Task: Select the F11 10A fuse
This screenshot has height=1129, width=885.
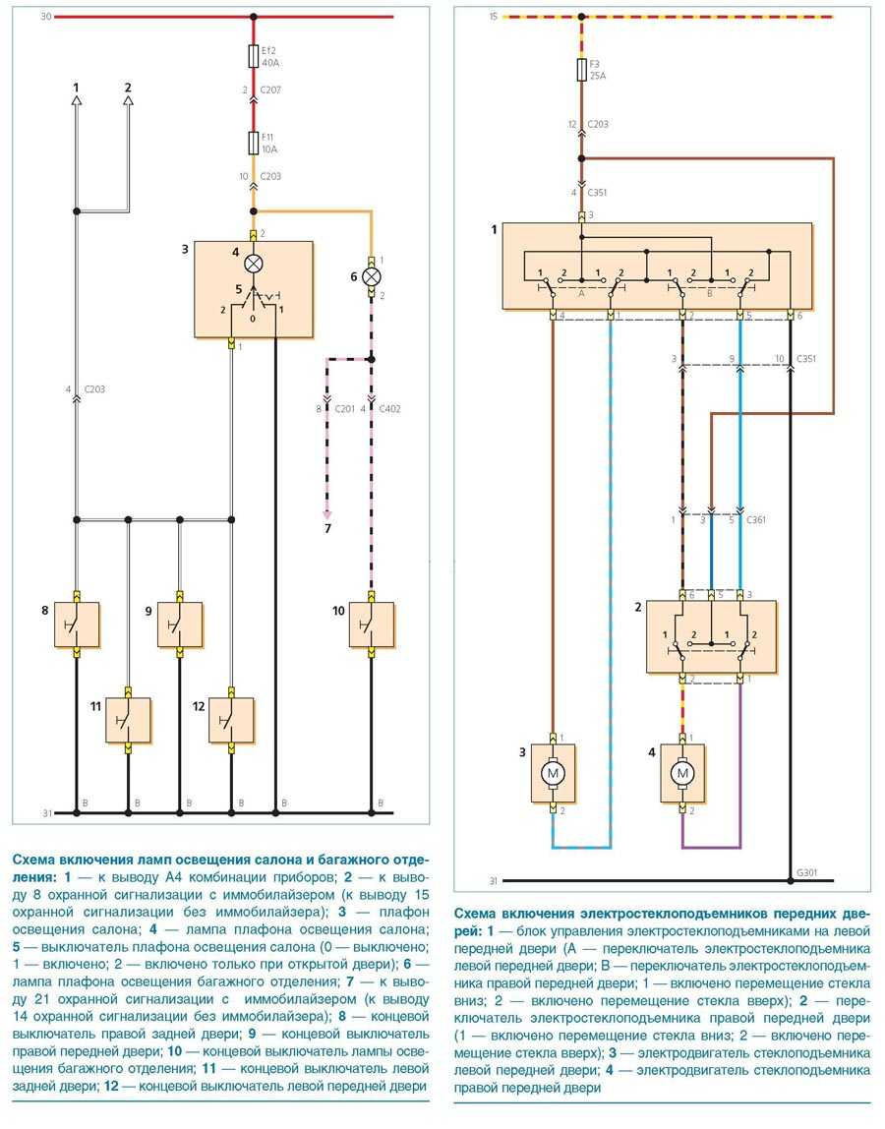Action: pos(255,144)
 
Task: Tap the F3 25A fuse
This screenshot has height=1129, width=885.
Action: pos(582,70)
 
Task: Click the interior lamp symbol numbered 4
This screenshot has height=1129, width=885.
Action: pos(254,264)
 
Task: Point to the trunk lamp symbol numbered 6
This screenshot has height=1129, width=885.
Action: pos(371,276)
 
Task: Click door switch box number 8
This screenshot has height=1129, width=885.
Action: pos(77,624)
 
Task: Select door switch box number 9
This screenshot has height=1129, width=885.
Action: pos(180,624)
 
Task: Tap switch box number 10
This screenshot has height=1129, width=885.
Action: pos(372,624)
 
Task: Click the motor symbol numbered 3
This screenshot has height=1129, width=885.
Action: pos(553,774)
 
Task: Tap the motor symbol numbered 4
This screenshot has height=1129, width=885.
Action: pos(681,774)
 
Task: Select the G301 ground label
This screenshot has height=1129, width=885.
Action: pos(806,871)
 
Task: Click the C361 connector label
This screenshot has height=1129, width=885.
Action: pos(756,519)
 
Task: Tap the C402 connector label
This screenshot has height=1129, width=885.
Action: pos(388,408)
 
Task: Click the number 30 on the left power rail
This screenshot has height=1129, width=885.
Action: pos(46,17)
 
